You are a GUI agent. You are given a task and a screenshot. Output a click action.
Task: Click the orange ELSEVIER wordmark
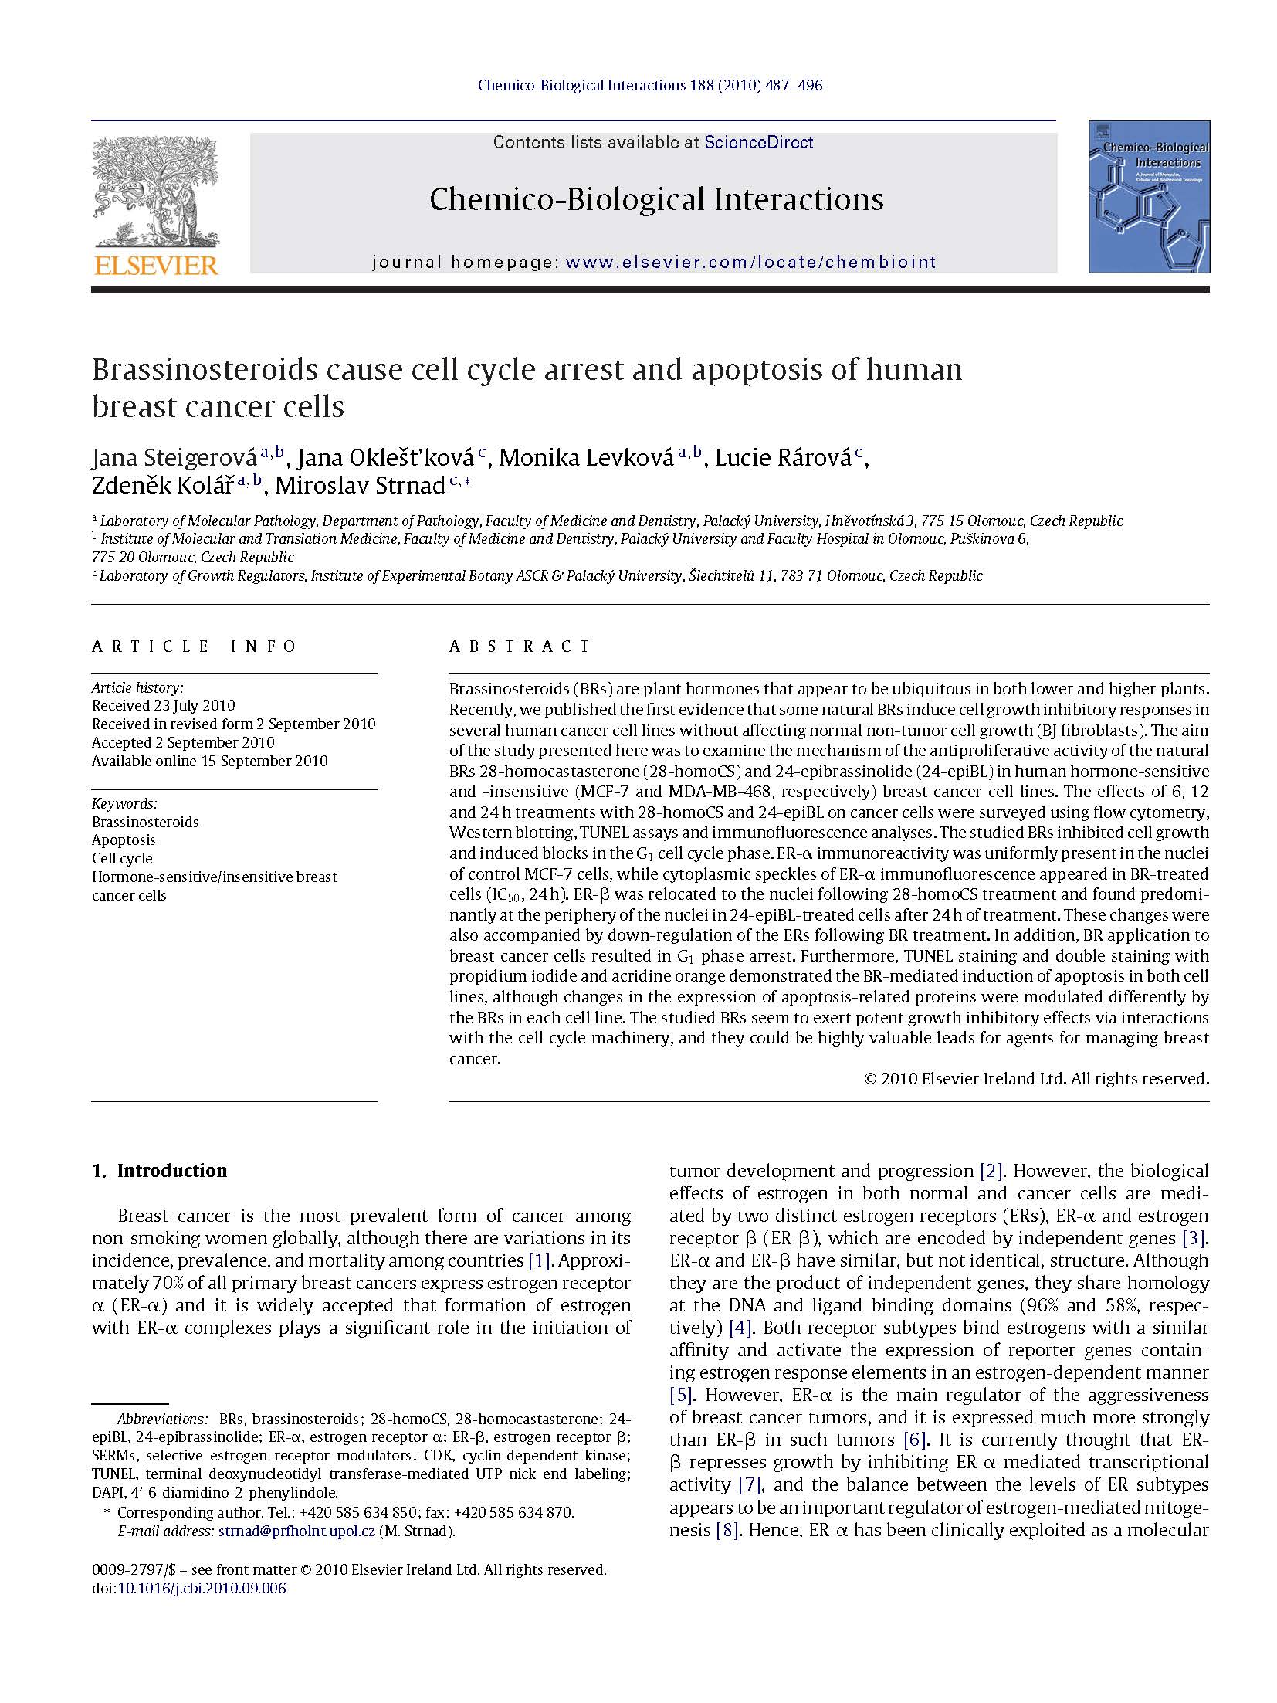156,266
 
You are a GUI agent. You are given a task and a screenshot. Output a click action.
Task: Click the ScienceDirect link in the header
758,142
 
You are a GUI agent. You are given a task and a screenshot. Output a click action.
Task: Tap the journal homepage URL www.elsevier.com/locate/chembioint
750,262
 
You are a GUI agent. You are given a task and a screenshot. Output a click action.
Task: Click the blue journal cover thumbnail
1148,196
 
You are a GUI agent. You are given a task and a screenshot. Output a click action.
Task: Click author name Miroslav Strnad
360,485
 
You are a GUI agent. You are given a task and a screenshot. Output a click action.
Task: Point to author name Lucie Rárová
783,458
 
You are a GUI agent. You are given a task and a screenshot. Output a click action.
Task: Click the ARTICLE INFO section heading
195,646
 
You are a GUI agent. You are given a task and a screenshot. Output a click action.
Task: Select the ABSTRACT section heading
520,646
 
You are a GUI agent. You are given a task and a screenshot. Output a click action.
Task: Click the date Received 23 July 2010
164,705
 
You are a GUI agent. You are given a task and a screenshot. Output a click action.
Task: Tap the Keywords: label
124,803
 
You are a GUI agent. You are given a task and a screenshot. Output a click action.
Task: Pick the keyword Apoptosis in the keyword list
124,840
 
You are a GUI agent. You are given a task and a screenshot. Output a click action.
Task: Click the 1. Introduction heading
159,1171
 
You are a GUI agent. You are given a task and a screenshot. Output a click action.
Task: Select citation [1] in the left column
537,1260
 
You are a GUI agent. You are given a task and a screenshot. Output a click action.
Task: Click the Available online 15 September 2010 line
209,761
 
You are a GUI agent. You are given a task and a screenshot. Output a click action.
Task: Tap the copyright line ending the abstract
1036,1078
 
